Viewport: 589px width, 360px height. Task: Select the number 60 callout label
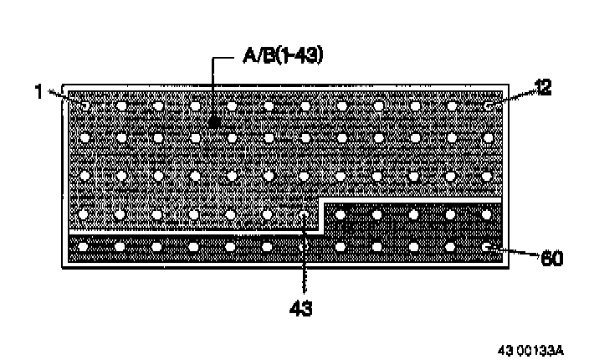551,258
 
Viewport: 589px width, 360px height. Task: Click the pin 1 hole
85,105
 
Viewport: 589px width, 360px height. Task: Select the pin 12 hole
488,105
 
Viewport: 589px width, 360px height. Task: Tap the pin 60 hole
488,247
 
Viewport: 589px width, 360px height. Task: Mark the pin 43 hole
304,214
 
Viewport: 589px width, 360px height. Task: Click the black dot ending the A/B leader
214,122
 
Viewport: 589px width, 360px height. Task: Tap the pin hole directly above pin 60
488,214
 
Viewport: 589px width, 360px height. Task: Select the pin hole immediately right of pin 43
341,214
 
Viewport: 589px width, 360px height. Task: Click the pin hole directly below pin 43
304,247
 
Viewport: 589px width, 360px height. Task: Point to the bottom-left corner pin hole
83,247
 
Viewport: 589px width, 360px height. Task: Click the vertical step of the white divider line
322,215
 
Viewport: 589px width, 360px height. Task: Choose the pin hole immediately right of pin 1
121,105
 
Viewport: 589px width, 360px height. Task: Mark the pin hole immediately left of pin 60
451,247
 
